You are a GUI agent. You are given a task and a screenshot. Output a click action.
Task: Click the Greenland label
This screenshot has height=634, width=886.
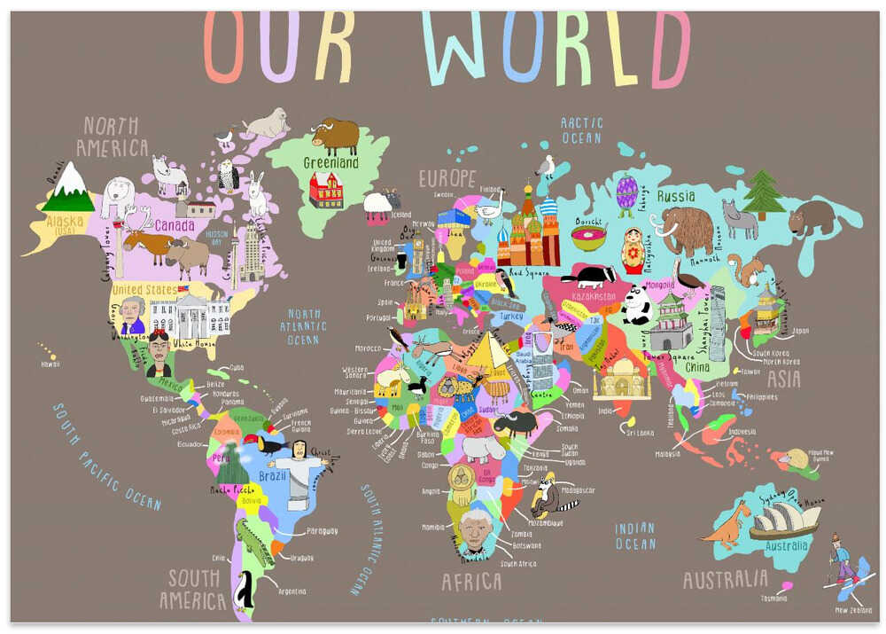point(330,163)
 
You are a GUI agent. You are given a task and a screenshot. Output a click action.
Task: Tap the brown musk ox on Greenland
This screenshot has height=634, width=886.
point(336,136)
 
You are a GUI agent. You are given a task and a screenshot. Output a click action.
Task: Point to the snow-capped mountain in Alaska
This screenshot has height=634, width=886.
point(68,184)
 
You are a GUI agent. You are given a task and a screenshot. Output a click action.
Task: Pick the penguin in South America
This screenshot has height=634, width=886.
point(244,590)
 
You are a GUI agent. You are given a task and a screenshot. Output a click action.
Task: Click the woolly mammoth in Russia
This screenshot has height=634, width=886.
point(685,229)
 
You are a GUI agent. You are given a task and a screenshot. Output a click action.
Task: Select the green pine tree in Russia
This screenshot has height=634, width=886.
point(762,194)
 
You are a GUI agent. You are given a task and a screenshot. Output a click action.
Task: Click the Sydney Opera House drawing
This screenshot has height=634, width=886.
point(784,521)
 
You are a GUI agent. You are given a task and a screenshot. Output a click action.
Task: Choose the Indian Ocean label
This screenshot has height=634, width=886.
point(635,536)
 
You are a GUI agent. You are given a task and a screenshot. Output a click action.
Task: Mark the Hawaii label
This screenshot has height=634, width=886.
point(50,364)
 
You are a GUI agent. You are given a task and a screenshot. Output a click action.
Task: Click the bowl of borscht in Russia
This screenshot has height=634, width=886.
point(587,237)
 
